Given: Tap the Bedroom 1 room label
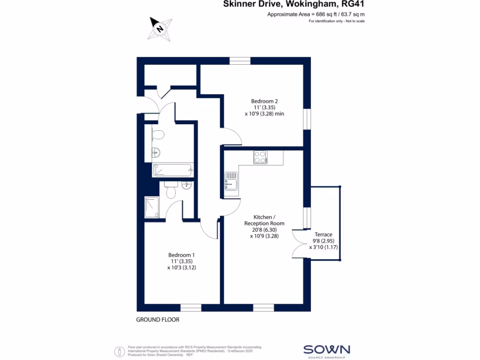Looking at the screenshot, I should click(x=180, y=255).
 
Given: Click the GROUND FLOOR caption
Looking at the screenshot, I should click(x=157, y=320).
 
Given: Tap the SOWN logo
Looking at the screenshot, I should click(x=327, y=349).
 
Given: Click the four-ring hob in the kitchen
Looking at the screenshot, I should click(x=260, y=157).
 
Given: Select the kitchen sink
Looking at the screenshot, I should click(x=232, y=183).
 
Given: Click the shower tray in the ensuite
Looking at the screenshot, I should click(x=152, y=208).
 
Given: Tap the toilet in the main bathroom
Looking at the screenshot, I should click(x=158, y=135).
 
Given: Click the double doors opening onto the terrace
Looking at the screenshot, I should click(x=298, y=244).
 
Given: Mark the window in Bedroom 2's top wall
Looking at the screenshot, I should click(x=240, y=60).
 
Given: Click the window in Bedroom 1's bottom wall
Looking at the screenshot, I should click(x=191, y=307).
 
